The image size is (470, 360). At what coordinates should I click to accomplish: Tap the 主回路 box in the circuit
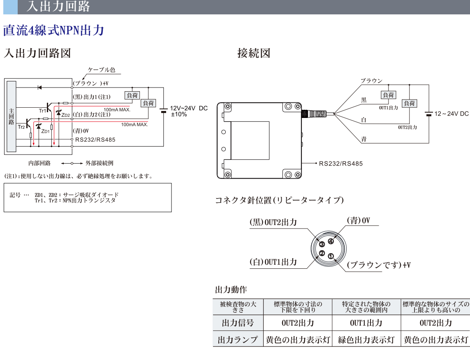(x=11, y=116)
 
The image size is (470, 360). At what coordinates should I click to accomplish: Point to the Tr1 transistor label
(x=42, y=111)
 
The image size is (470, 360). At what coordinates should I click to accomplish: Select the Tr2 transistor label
(x=21, y=127)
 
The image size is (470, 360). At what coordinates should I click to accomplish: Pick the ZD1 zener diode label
(x=45, y=132)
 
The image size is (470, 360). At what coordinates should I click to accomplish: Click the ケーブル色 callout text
(x=102, y=70)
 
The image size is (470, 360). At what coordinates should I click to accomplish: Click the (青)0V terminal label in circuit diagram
(x=81, y=131)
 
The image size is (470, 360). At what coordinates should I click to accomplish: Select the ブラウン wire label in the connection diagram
(x=371, y=81)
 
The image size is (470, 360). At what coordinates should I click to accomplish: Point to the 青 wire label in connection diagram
(x=364, y=139)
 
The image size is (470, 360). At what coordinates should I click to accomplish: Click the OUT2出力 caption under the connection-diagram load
(x=407, y=127)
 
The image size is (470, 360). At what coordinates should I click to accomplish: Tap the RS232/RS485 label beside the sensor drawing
(x=341, y=164)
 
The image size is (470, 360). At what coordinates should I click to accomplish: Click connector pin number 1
(x=331, y=256)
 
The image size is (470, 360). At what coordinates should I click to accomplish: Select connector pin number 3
(x=322, y=244)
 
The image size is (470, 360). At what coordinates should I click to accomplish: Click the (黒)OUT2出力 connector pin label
(x=273, y=222)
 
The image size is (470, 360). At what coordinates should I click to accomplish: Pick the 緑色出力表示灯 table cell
(x=366, y=340)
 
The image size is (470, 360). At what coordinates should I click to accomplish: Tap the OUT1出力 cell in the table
(x=366, y=323)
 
